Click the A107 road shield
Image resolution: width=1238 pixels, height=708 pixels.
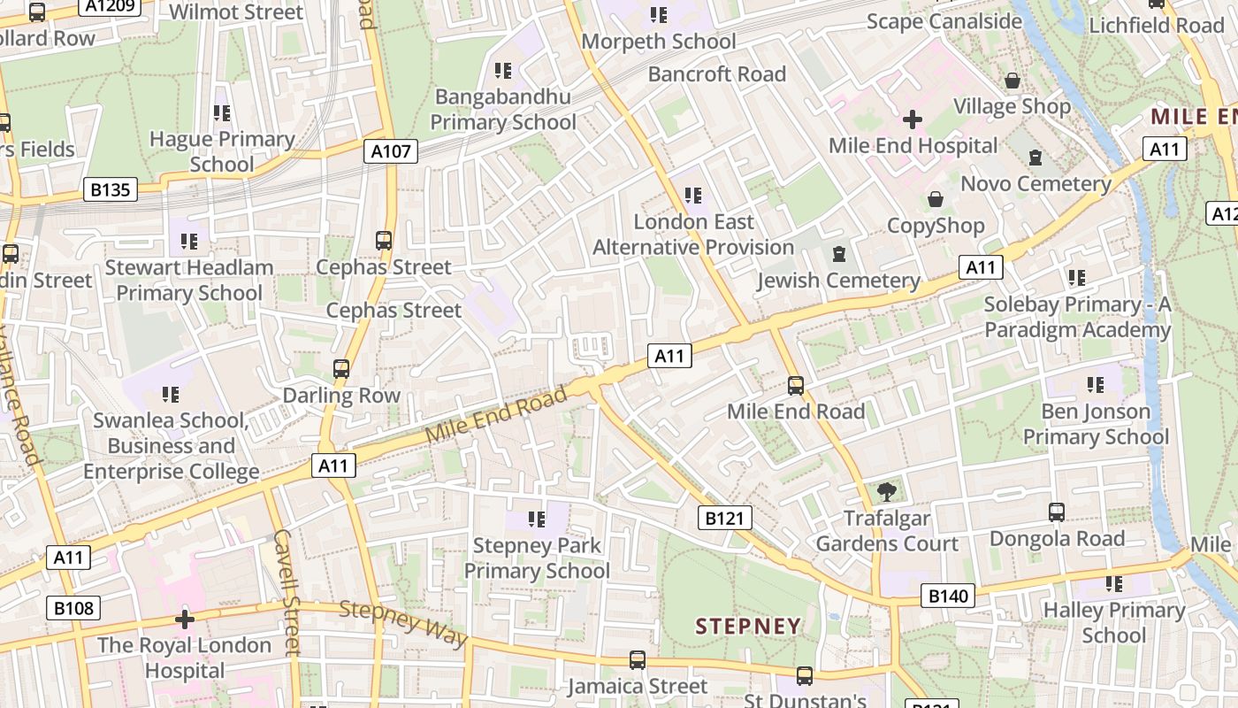point(391,151)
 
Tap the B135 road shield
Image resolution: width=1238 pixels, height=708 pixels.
point(111,189)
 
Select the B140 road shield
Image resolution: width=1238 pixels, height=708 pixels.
point(948,596)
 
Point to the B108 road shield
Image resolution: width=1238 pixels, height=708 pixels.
point(73,608)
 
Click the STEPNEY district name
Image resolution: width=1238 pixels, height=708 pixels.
point(748,627)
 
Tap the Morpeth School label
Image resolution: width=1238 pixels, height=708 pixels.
point(659,42)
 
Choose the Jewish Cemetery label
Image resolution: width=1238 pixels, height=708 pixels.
point(838,281)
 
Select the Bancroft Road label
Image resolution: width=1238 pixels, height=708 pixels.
point(717,73)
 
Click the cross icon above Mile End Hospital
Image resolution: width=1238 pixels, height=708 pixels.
point(913,119)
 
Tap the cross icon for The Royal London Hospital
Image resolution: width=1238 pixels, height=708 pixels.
point(184,619)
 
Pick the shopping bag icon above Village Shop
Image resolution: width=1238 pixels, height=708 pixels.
point(1013,81)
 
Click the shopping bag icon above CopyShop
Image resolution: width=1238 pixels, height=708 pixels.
point(935,200)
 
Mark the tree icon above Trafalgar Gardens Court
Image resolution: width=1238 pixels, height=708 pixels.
point(886,492)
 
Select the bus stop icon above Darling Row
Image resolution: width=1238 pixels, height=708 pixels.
point(341,369)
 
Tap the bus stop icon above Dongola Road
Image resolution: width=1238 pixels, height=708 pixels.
point(1057,512)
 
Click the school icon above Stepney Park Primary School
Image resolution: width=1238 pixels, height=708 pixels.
point(536,519)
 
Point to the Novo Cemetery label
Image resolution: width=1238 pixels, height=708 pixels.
point(1035,184)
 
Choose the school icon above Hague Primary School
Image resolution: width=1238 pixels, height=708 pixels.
point(221,113)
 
